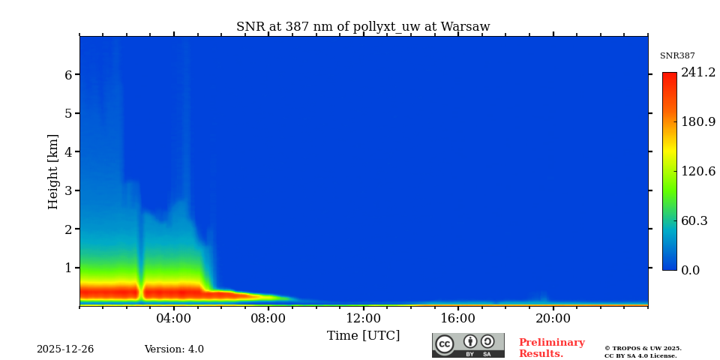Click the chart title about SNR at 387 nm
click(x=363, y=27)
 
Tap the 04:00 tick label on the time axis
click(x=174, y=318)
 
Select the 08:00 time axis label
click(x=268, y=318)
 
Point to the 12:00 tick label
click(x=363, y=318)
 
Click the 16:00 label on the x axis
click(x=458, y=318)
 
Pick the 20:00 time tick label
click(x=553, y=318)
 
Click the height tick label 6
click(x=68, y=75)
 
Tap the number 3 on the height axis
click(x=68, y=190)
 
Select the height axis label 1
click(x=68, y=268)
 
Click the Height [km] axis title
click(x=53, y=171)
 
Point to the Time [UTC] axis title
click(x=363, y=335)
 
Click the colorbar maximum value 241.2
click(x=698, y=73)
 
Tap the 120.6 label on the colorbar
click(x=698, y=172)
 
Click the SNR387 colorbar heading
click(x=677, y=56)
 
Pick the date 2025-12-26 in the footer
click(x=65, y=349)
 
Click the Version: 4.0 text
click(x=174, y=349)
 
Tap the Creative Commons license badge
click(x=468, y=345)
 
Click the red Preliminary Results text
click(x=551, y=348)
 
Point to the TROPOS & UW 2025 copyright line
click(x=643, y=348)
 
